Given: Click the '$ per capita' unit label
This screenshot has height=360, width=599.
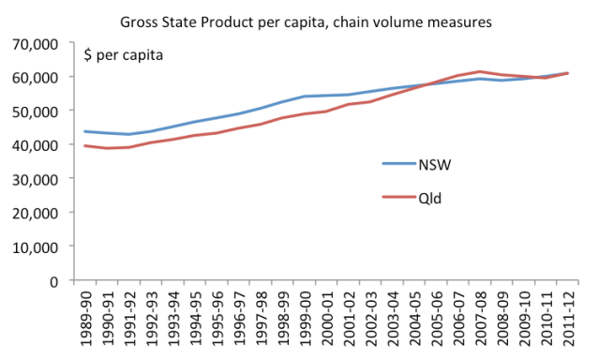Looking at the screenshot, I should coord(125,55).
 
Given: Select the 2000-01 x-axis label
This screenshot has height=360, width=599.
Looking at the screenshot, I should coord(324,320).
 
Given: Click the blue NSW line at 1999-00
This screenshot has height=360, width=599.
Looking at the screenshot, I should coord(302,97).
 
